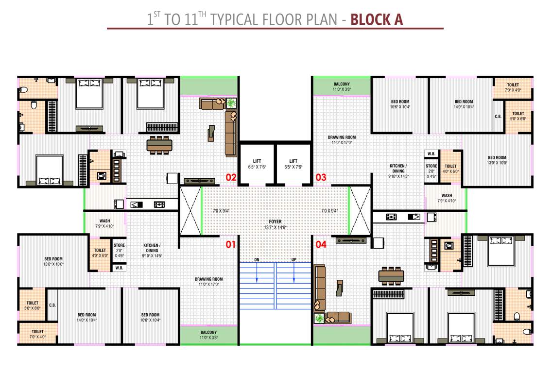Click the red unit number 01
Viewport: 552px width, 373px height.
click(230, 244)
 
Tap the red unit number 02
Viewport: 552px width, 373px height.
click(231, 178)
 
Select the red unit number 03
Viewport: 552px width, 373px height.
click(321, 178)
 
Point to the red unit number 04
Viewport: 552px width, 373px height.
click(321, 244)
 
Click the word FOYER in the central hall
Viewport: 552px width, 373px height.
click(276, 222)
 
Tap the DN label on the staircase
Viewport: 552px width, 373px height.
click(257, 260)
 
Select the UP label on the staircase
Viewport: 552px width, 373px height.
click(293, 260)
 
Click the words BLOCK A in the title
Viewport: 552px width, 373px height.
click(377, 19)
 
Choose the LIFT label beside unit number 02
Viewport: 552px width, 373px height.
click(257, 161)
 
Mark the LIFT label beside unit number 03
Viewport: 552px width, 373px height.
click(293, 161)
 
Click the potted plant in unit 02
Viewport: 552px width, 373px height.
click(231, 102)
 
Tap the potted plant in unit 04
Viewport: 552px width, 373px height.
click(319, 318)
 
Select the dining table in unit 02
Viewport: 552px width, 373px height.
click(160, 145)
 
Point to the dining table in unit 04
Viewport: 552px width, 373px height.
click(391, 275)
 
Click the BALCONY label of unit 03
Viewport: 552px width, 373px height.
click(341, 84)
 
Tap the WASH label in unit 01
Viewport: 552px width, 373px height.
click(104, 221)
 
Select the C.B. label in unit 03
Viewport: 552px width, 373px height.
click(498, 117)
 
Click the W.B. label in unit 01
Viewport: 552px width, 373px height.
click(119, 268)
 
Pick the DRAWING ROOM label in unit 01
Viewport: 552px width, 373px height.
click(208, 279)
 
